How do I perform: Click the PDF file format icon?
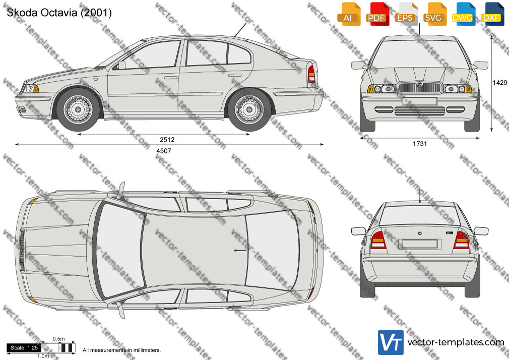point(378,14)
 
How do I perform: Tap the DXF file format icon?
point(492,14)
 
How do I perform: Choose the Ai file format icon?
point(349,14)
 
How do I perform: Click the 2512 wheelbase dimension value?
point(167,140)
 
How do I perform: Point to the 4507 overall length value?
point(164,151)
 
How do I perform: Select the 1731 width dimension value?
point(420,144)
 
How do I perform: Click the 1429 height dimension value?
point(500,83)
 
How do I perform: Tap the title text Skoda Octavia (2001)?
point(59,13)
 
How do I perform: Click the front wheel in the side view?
point(78,109)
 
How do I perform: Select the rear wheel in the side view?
point(249,109)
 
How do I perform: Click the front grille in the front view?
point(419,88)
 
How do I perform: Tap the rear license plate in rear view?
point(420,244)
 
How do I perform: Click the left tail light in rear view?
point(378,240)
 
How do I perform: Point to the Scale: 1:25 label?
point(24,348)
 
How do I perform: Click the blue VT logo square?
point(391,342)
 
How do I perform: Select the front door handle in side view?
point(170,78)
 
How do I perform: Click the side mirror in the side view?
point(121,65)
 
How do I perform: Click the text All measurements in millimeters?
point(121,350)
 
